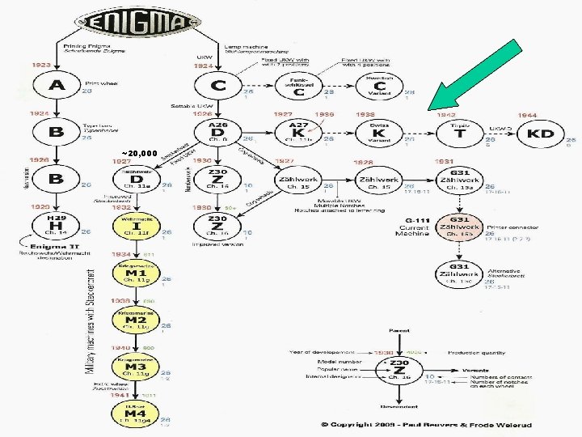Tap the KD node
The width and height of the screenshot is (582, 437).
[547, 132]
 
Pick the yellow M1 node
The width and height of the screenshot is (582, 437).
[135, 276]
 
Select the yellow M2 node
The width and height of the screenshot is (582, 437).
[135, 320]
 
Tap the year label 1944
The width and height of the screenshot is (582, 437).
[527, 116]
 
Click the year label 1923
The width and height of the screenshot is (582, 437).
[40, 64]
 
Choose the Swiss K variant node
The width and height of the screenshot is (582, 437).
[380, 132]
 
